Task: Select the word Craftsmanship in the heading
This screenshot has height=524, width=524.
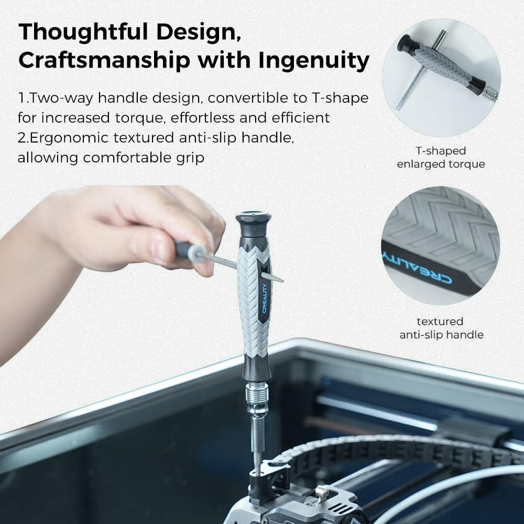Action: pos(104,61)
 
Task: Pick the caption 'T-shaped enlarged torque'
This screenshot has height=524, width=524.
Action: pos(441,157)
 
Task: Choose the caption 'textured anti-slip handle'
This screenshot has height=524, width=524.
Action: pos(441,327)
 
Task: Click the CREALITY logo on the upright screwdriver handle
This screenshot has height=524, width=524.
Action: pos(265,297)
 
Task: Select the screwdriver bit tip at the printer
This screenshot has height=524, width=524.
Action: pos(257,466)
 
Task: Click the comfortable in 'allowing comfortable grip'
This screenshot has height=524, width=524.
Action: pos(134,157)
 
